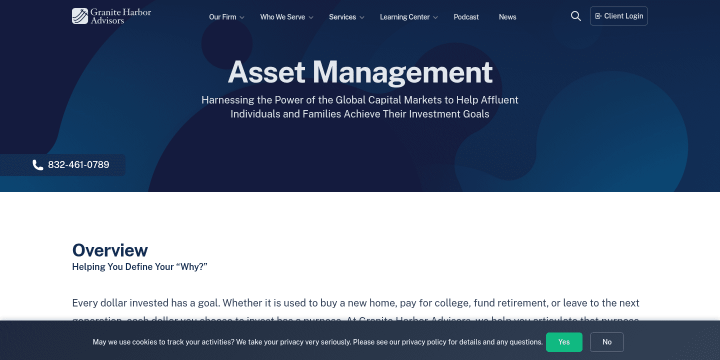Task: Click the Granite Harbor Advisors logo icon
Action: pyautogui.click(x=80, y=16)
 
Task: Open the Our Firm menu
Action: pyautogui.click(x=222, y=17)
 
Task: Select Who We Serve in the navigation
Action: pyautogui.click(x=282, y=17)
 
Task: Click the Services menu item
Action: pyautogui.click(x=342, y=17)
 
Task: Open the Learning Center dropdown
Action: pyautogui.click(x=404, y=17)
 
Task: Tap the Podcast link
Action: pyautogui.click(x=466, y=17)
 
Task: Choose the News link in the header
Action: pyautogui.click(x=507, y=17)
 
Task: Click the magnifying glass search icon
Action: pyautogui.click(x=576, y=16)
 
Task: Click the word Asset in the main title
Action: pyautogui.click(x=266, y=72)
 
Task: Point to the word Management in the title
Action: pyautogui.click(x=402, y=72)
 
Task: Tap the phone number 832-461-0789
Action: pyautogui.click(x=78, y=165)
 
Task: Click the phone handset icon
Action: pyautogui.click(x=38, y=165)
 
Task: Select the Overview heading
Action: pyautogui.click(x=110, y=250)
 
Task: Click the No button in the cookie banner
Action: pyautogui.click(x=607, y=342)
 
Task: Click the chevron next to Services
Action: pyautogui.click(x=362, y=17)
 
